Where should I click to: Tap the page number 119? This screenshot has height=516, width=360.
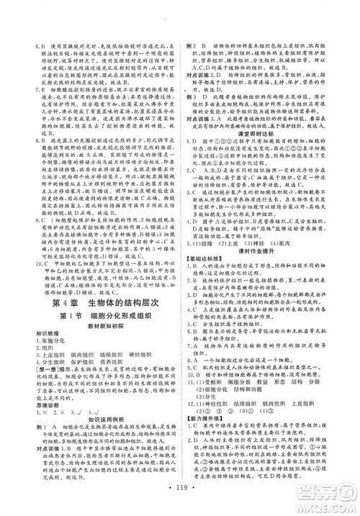coord(179,495)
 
